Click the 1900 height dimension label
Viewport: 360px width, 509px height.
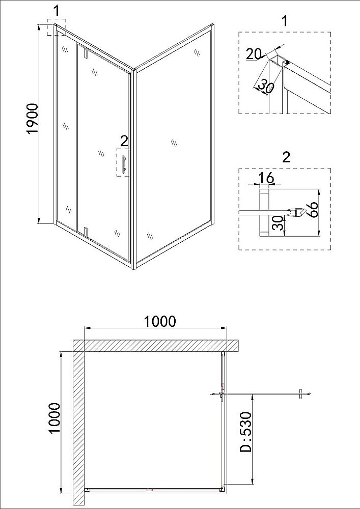click(32, 119)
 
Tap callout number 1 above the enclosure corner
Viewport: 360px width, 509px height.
click(56, 10)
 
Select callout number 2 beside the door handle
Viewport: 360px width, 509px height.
click(123, 140)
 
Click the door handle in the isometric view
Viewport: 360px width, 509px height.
click(124, 163)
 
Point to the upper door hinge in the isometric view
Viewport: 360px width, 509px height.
click(86, 53)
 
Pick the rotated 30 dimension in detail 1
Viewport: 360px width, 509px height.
click(266, 86)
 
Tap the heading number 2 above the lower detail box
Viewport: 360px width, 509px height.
click(286, 156)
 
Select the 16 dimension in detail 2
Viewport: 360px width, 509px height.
click(266, 178)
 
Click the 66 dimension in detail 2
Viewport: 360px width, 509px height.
click(313, 209)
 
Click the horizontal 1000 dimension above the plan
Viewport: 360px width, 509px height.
click(160, 321)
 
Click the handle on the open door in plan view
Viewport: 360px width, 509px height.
click(301, 393)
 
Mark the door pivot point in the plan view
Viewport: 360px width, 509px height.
click(221, 393)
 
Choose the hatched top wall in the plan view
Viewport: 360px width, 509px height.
click(155, 346)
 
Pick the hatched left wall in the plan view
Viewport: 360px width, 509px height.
click(78, 422)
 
